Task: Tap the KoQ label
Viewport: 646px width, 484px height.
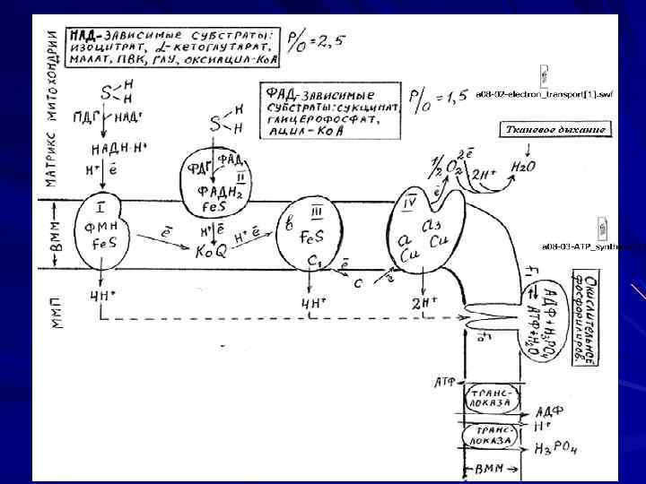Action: [212, 253]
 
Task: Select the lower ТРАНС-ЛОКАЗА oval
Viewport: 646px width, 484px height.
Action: [488, 435]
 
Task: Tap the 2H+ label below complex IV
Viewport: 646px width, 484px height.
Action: [423, 302]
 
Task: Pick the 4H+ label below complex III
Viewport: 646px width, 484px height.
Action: [310, 303]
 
